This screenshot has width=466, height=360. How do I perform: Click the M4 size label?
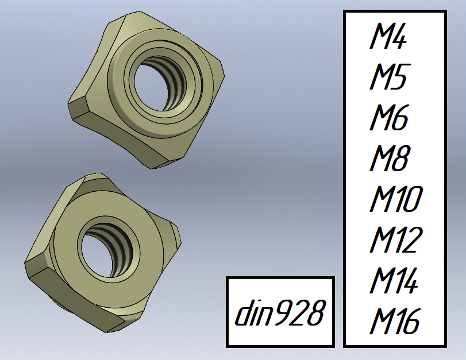[388, 36]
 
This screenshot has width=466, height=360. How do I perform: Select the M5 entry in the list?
[390, 76]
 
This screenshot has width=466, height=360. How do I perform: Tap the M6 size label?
[389, 117]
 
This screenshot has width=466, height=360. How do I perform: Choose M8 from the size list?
[389, 158]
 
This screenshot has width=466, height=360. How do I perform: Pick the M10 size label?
[396, 199]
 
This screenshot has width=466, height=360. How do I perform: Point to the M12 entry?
[396, 239]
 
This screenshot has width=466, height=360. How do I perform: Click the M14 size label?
[394, 280]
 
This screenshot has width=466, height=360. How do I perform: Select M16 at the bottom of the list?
[394, 321]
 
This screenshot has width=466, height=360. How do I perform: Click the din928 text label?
[279, 312]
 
